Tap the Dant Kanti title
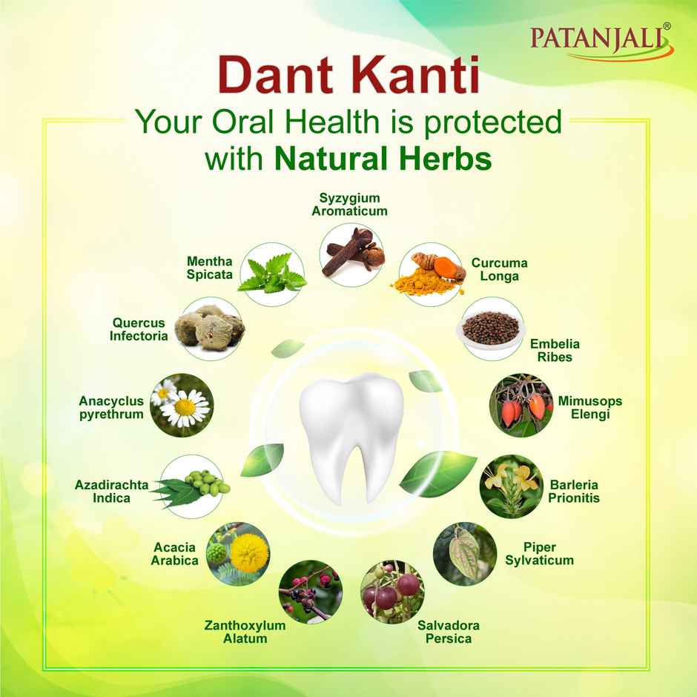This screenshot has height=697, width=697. pyautogui.click(x=348, y=77)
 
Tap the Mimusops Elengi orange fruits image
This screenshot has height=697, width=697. pyautogui.click(x=520, y=404)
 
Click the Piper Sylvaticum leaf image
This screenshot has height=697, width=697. pyautogui.click(x=463, y=553)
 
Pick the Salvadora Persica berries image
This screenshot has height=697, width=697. pyautogui.click(x=392, y=591)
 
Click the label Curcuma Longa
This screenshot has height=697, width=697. pyautogui.click(x=499, y=270)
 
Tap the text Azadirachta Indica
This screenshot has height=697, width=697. pyautogui.click(x=111, y=492)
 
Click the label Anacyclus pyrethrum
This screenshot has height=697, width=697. pyautogui.click(x=111, y=408)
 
